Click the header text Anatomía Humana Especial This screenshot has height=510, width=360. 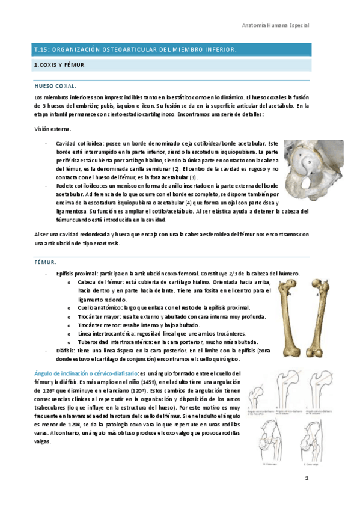tap(275, 26)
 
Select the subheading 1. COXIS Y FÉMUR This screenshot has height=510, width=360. tap(59, 64)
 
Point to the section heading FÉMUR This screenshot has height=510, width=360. tap(46, 262)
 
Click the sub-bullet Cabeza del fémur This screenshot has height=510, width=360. tap(100, 282)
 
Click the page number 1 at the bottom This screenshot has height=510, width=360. tap(306, 478)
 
